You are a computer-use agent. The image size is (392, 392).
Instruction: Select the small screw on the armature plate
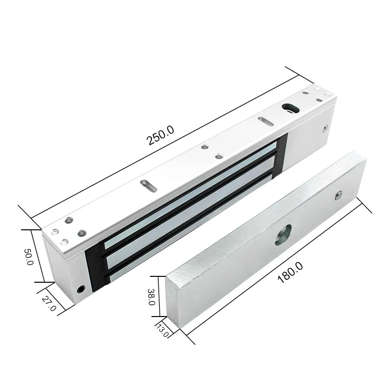pos(337,196)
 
